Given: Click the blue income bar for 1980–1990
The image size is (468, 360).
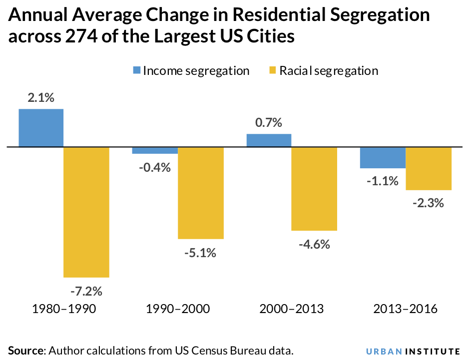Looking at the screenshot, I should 41,128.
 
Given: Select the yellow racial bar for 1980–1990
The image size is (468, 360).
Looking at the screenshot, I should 86,212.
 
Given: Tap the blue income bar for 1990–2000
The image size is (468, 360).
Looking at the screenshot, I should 155,151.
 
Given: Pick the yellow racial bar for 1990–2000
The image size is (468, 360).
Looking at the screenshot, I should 201,193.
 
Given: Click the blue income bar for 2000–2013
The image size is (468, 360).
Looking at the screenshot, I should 269,140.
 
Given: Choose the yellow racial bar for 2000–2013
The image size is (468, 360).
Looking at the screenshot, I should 314,189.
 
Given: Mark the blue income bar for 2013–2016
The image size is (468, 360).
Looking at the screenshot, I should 383,158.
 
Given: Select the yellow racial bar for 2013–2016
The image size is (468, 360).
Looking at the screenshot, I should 429,169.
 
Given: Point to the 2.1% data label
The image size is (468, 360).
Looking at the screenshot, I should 41,98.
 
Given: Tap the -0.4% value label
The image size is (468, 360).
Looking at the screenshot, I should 155,167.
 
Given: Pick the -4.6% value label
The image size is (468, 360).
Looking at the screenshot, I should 314,245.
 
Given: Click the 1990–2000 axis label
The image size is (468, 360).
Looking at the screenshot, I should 178,309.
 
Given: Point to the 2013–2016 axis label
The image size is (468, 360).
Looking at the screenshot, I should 406,309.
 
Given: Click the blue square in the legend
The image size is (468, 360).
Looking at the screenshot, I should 136,70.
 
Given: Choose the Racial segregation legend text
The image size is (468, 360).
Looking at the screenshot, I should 328,70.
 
